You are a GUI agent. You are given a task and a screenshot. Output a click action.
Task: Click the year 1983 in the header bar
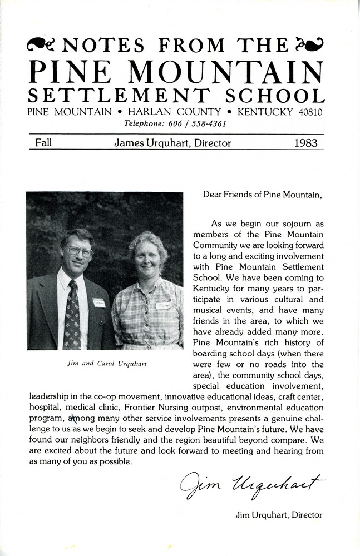pos(306,143)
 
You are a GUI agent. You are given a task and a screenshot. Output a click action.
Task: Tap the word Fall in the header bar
pos(43,143)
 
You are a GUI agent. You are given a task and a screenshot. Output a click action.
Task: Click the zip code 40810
pos(310,112)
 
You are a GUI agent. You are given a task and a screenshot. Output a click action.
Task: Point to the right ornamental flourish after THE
pos(309,44)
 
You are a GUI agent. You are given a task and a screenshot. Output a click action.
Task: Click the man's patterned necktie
pos(72,317)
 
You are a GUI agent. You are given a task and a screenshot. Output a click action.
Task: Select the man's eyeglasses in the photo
pos(80,251)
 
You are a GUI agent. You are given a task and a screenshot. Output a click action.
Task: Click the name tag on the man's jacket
pos(99,302)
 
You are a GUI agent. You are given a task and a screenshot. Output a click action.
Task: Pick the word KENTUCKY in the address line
pos(265,112)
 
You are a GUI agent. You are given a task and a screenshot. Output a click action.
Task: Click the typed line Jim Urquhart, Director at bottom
pos(279,515)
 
